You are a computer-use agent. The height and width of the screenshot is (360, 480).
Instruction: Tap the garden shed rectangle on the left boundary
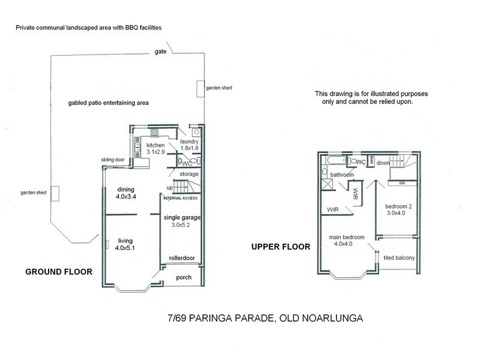click(55, 194)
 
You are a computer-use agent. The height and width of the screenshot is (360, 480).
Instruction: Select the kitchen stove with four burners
click(154, 133)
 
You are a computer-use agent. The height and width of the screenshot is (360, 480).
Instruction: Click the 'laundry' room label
click(181, 142)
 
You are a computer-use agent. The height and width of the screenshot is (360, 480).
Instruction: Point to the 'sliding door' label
click(114, 160)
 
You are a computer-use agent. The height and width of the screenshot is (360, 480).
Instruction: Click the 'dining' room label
click(126, 190)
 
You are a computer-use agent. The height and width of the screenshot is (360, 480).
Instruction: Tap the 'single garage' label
click(181, 217)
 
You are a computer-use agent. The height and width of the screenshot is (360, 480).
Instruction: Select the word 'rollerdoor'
click(182, 257)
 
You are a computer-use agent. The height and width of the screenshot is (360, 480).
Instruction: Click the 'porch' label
click(184, 277)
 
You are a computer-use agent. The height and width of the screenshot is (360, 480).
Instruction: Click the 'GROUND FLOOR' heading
click(58, 272)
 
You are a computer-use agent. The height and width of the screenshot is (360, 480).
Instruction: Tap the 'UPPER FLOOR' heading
click(280, 247)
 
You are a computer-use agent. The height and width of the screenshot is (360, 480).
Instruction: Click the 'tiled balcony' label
click(399, 259)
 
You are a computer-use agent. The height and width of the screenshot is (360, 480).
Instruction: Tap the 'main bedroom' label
click(346, 236)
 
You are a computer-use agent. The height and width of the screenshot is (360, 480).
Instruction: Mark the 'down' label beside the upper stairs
click(385, 163)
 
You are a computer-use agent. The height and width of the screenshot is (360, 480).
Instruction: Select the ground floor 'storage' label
click(188, 174)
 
